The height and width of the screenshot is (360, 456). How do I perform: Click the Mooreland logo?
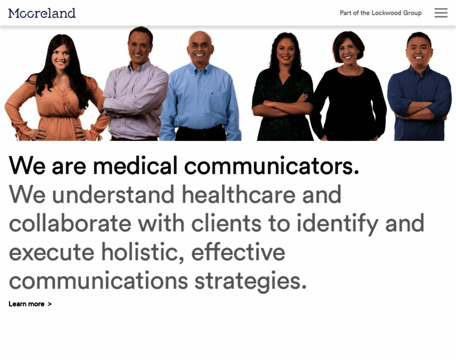click(x=42, y=13)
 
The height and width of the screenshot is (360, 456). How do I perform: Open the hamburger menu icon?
click(x=441, y=13)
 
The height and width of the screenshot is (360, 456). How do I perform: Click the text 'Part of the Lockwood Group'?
click(x=380, y=13)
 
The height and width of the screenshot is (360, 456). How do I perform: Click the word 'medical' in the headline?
click(x=135, y=166)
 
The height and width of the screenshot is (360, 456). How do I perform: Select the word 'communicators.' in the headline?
click(x=272, y=166)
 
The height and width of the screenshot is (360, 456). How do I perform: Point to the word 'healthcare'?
click(x=238, y=194)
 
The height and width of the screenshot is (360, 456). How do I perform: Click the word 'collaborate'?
click(x=70, y=223)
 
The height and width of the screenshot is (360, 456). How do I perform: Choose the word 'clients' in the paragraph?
click(x=226, y=223)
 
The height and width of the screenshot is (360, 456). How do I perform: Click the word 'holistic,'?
click(x=142, y=252)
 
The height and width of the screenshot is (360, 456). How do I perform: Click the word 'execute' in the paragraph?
click(x=51, y=252)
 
